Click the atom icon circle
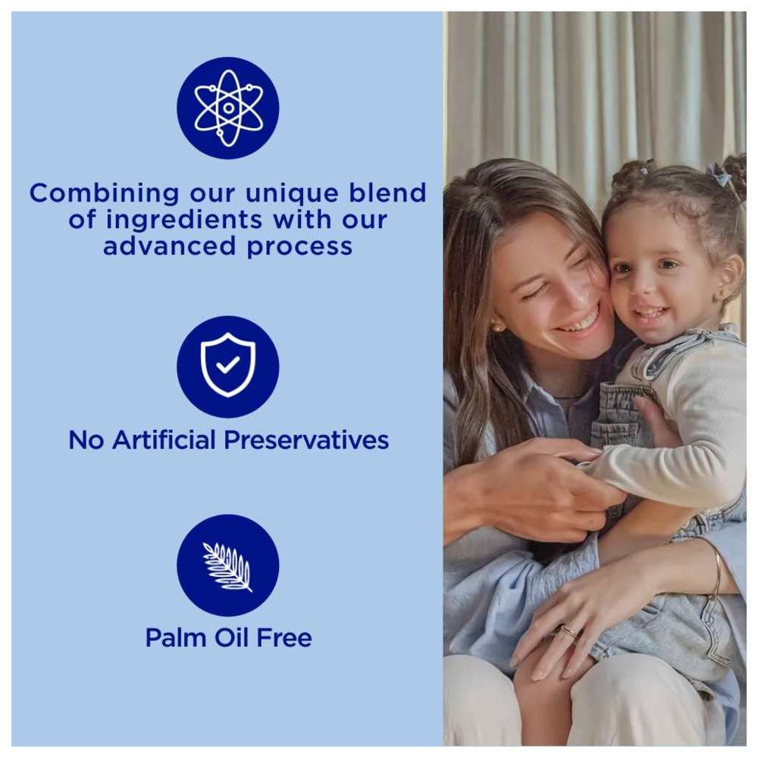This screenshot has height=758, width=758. [x=227, y=108]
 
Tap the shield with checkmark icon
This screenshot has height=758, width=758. [x=227, y=365]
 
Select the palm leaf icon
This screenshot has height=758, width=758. [x=227, y=566]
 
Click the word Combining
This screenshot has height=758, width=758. [x=104, y=194]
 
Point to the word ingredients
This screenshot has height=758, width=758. [x=184, y=220]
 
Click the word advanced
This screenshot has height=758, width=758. [x=170, y=246]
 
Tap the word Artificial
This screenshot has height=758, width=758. [x=164, y=440]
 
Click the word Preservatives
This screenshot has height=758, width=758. [x=306, y=440]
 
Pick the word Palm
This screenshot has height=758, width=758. [x=176, y=637]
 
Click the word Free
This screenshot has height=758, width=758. [x=284, y=637]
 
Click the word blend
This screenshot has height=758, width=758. [x=387, y=193]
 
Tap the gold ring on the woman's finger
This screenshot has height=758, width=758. [x=568, y=631]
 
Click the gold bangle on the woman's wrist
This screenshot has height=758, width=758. [x=717, y=571]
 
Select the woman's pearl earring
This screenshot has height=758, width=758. [x=496, y=327]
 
